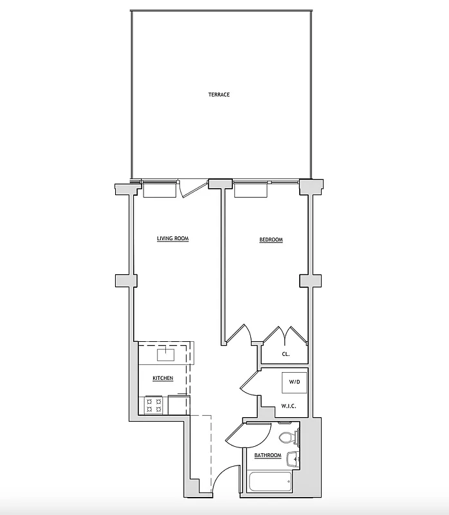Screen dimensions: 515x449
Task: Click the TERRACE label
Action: [x=219, y=95]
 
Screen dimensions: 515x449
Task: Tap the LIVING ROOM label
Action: [x=172, y=239]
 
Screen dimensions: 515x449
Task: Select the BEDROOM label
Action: [x=271, y=240]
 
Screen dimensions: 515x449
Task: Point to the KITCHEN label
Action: [x=162, y=378]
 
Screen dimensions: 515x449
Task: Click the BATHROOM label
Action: [x=268, y=456]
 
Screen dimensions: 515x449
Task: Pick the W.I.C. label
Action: [x=288, y=406]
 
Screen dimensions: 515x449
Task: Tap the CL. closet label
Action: [x=286, y=354]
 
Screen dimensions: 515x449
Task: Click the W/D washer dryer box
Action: [x=294, y=382]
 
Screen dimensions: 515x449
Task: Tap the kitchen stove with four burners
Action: [x=154, y=405]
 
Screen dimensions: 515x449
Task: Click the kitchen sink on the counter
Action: [x=167, y=353]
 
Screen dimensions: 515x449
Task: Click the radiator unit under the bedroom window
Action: [x=251, y=190]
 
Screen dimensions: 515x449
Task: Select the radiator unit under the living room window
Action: [x=160, y=190]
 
